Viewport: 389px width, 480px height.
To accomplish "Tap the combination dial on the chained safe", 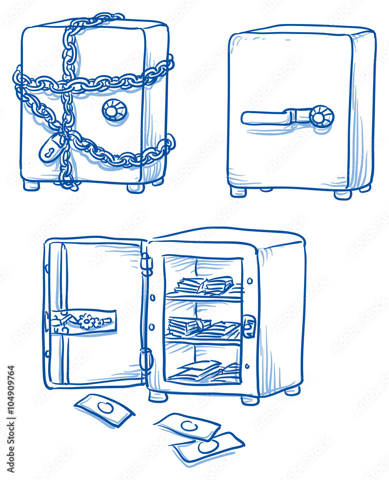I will click(x=114, y=110).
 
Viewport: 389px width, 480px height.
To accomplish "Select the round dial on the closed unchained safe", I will click(x=321, y=117).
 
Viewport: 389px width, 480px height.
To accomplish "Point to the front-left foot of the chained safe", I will click(x=31, y=185).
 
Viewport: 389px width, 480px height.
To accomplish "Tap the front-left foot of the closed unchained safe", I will click(x=238, y=192).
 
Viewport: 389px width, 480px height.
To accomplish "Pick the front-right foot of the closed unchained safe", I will click(x=342, y=194).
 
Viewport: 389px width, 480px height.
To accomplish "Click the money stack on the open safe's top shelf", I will click(x=204, y=286).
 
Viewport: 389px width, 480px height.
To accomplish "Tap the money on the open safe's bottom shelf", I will click(x=204, y=370).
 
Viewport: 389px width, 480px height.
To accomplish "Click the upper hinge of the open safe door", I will click(x=146, y=264).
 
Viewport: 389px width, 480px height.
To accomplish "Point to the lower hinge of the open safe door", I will click(x=146, y=359).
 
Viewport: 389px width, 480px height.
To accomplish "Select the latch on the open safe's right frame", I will click(x=249, y=326).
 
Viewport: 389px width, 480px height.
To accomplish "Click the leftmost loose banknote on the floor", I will click(x=104, y=409).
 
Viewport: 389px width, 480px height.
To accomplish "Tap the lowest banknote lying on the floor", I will click(x=208, y=447).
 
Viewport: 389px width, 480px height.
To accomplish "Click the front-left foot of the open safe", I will click(x=158, y=396).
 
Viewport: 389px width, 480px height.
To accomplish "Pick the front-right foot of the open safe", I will click(x=250, y=399).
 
